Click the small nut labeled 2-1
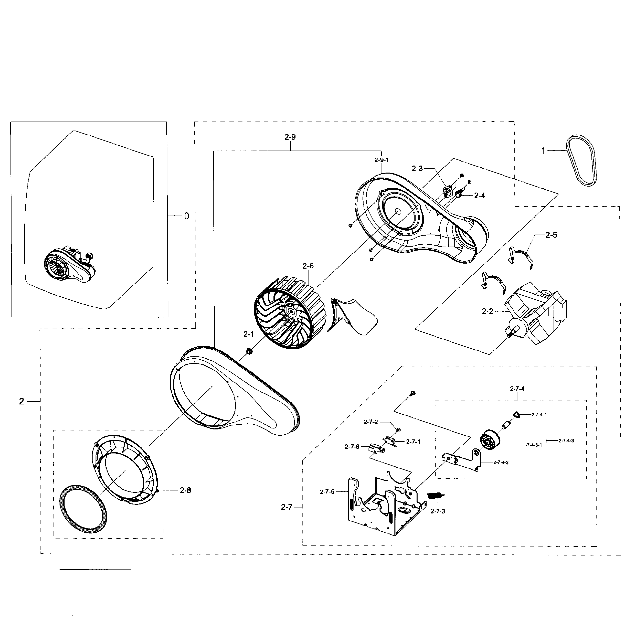249,351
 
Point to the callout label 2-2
487,311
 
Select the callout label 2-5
551,235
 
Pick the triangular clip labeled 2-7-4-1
516,414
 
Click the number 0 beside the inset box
186,216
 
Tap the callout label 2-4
479,195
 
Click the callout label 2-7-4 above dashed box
517,389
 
